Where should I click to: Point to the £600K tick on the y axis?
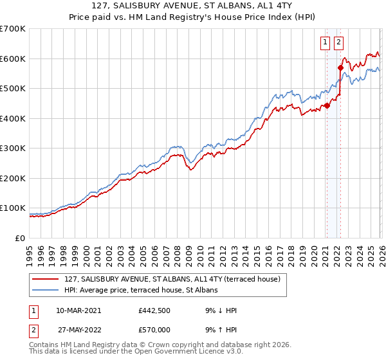(x=13, y=59)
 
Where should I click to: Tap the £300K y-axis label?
(x=13, y=148)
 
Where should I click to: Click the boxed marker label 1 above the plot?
(x=326, y=43)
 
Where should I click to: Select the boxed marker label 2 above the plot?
(x=339, y=43)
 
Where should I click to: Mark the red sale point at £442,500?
(x=327, y=106)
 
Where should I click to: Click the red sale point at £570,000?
(x=340, y=67)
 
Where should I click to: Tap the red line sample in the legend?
(x=46, y=280)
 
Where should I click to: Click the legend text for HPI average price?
(x=141, y=291)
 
